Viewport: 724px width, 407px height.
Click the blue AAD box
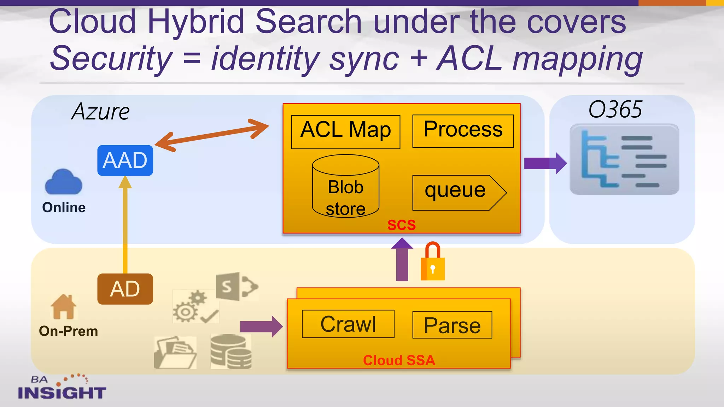125,160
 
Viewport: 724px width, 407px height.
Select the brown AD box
125,289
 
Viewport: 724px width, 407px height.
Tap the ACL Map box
345,131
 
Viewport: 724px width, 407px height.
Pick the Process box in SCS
463,131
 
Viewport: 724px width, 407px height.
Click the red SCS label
401,225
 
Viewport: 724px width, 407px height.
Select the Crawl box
348,324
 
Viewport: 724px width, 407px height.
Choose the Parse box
452,325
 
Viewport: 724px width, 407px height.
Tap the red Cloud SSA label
399,360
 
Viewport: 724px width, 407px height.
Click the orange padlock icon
432,263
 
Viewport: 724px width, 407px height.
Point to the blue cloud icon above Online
64,183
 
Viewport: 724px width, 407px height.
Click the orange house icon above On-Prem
63,307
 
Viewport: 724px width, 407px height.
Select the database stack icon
231,352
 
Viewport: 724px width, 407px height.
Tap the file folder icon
175,353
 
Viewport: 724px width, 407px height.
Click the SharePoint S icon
236,286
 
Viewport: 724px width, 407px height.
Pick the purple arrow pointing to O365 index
545,163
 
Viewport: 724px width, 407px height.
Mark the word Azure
100,112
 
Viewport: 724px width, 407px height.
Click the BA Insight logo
62,388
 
